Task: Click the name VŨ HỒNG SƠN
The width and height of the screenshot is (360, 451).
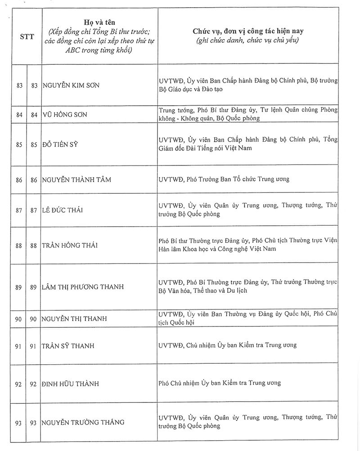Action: click(65, 115)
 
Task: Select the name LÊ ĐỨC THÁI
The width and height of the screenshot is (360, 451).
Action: click(63, 210)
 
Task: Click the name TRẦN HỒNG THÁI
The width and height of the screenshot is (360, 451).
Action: click(70, 246)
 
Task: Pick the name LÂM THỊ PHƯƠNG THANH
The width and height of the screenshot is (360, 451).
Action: click(82, 287)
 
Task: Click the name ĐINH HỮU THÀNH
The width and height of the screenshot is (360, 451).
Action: click(70, 384)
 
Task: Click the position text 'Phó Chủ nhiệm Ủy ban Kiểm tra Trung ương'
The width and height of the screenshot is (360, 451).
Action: click(220, 383)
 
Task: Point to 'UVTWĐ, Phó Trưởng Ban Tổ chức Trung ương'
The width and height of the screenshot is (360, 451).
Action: click(224, 179)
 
